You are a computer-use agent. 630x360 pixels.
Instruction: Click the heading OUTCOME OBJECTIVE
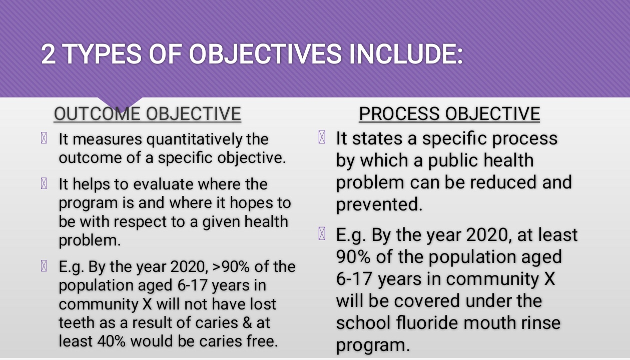pos(148,114)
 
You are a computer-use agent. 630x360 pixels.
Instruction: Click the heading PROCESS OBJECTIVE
pos(449,114)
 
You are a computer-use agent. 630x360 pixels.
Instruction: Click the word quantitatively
pos(194,139)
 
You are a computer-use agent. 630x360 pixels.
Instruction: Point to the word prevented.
pos(379,204)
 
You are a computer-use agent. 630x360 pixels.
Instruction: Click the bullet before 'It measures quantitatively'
pos(44,138)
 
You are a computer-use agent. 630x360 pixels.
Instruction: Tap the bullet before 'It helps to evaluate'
pos(44,183)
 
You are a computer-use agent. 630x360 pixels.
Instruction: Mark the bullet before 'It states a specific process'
pos(322,137)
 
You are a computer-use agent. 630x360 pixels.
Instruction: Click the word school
pos(363,322)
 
